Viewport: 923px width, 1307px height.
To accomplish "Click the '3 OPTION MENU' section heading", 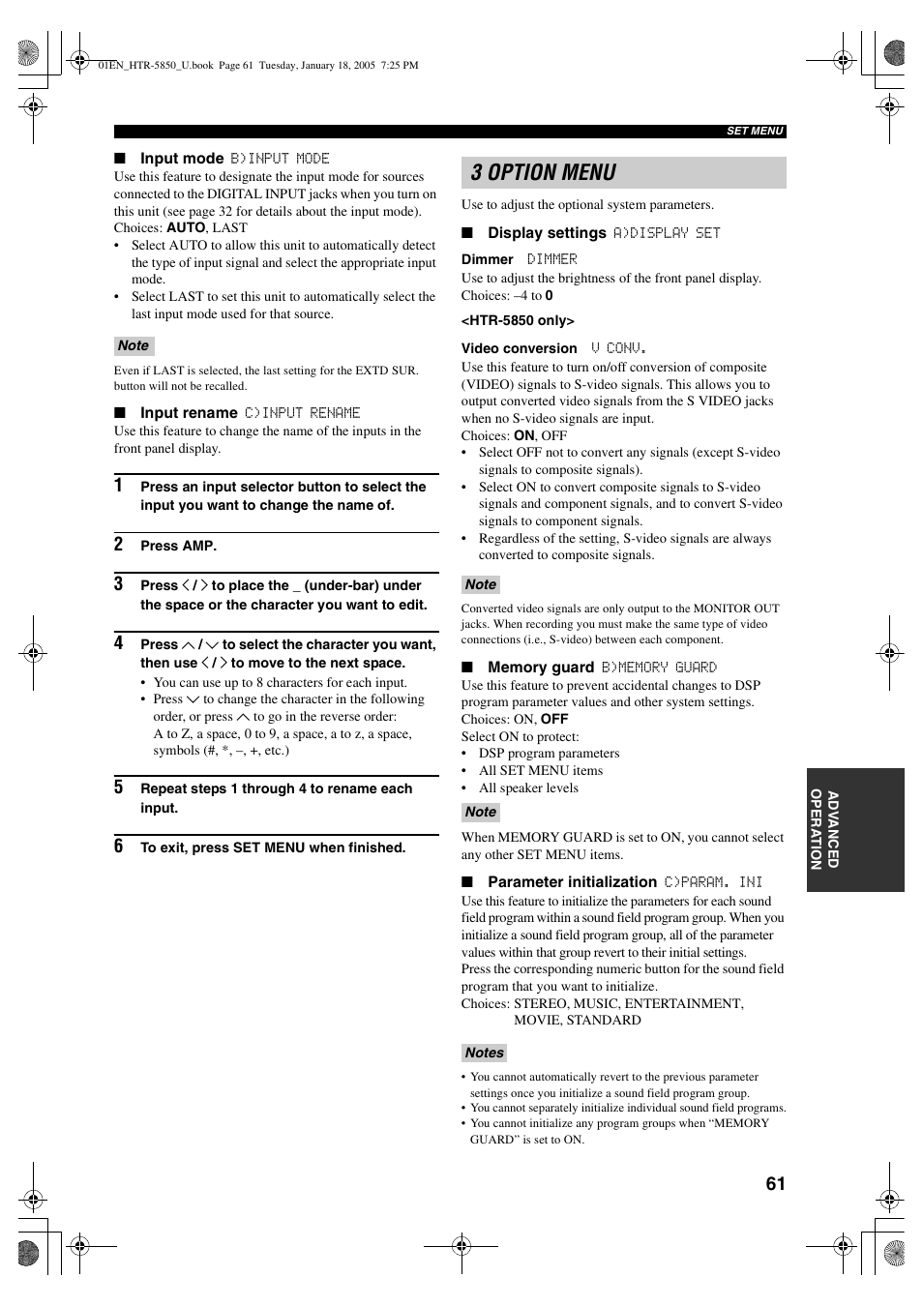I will [x=544, y=173].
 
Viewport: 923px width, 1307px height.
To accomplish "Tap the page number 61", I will [x=775, y=1184].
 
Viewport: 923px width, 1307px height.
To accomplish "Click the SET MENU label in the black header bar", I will [x=755, y=132].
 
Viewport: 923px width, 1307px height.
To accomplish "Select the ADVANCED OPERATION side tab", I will [x=824, y=830].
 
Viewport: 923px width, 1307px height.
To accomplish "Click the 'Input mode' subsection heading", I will [x=182, y=159].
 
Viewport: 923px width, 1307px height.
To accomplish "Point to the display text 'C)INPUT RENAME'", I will [x=302, y=413].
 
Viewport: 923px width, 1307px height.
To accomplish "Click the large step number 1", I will [x=119, y=486].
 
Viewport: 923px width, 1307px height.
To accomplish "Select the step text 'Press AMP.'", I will [x=178, y=547].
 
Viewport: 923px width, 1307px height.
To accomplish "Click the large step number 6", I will [x=119, y=847].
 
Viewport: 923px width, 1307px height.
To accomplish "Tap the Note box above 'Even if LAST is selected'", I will [x=134, y=346].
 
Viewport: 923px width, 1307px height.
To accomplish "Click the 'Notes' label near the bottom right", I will [x=484, y=1053].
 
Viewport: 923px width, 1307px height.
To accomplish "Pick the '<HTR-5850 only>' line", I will [x=518, y=321].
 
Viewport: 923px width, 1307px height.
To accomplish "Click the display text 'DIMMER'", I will [x=551, y=259].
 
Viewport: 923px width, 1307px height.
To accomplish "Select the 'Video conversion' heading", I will [x=520, y=349].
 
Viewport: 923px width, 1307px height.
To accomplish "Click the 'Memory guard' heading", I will [x=541, y=668].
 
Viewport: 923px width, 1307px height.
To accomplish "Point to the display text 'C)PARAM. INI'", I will [x=713, y=882].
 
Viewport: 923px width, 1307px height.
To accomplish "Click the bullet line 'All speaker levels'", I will [x=528, y=788].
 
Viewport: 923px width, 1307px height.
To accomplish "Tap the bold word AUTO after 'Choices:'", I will [x=186, y=228].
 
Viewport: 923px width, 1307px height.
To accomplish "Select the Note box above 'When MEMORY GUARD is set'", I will [x=480, y=813].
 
